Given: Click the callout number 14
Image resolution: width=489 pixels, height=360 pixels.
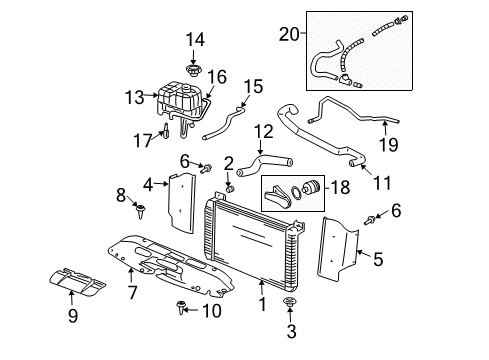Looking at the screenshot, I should pyautogui.click(x=195, y=39).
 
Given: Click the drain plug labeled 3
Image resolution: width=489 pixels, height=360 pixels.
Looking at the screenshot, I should pyautogui.click(x=290, y=302).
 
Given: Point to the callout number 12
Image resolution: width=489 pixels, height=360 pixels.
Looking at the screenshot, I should pyautogui.click(x=263, y=132).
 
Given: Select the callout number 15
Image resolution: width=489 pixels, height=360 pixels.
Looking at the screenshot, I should pyautogui.click(x=253, y=87).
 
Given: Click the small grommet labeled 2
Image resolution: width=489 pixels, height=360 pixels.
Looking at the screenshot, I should pyautogui.click(x=229, y=186).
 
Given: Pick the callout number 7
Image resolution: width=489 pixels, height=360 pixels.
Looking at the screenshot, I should pyautogui.click(x=131, y=292).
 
